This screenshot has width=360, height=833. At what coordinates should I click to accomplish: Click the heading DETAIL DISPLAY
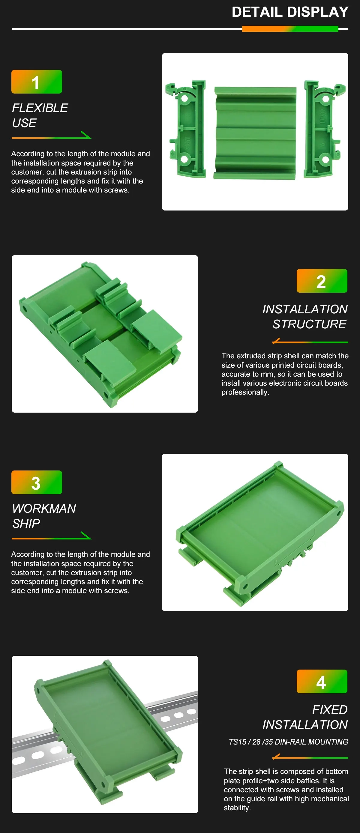click(290, 12)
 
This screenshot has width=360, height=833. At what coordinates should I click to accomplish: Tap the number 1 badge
click(37, 82)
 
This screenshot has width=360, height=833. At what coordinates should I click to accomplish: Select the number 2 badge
click(322, 281)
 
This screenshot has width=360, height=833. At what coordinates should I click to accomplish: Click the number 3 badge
click(37, 482)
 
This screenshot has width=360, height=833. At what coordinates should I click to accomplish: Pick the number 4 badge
click(322, 681)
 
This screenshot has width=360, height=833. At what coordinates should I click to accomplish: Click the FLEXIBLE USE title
click(40, 115)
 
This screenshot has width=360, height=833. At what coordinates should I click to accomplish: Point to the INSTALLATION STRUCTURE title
click(305, 317)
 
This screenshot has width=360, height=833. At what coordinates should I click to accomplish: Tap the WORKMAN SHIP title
click(44, 516)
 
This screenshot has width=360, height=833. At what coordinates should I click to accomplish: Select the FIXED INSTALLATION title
click(305, 717)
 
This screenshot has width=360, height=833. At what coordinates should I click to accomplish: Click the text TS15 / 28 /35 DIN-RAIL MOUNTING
click(288, 742)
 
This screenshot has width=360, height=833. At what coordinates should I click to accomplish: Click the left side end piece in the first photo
click(185, 129)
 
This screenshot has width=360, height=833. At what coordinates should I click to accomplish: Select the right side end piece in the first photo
click(324, 129)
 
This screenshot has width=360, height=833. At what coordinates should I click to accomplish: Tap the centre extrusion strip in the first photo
click(255, 133)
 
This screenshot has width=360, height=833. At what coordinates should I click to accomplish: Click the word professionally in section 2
click(245, 392)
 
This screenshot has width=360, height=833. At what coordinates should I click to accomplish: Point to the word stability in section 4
click(237, 808)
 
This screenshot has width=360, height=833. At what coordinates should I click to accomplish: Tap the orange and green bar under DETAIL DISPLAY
click(290, 29)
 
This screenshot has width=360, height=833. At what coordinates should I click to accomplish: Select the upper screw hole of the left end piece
click(184, 98)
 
